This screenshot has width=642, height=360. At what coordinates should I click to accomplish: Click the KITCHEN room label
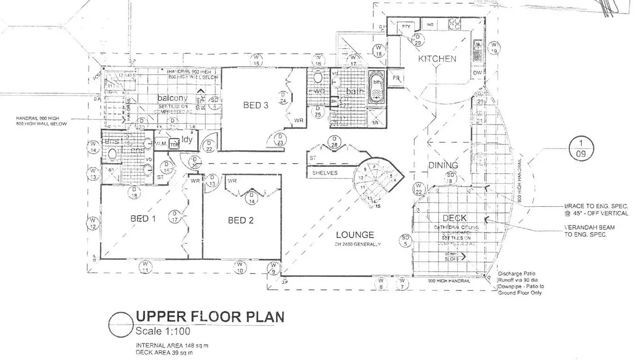pos(437,58)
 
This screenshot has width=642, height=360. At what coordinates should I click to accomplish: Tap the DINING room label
pos(443,165)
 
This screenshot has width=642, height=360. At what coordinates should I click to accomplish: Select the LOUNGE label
pos(355,235)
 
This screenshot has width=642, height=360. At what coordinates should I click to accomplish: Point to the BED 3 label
pos(256,105)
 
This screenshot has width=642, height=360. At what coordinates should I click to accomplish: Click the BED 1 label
pos(143,218)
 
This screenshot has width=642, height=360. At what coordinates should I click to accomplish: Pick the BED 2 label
pos(240,220)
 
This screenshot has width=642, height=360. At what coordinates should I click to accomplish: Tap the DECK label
pos(454,218)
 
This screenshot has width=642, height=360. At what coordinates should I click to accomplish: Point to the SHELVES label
pos(324,173)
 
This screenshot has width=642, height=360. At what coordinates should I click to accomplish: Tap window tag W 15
pos(256,60)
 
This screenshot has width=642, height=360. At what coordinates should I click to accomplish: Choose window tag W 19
pos(494,48)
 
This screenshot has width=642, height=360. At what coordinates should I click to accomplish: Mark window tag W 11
pos(146,267)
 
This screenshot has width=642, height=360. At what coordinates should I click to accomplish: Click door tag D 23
pos(280,140)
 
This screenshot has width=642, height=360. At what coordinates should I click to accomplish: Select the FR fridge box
pos(396,79)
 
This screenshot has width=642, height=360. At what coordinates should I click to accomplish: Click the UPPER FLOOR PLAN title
pos(210,316)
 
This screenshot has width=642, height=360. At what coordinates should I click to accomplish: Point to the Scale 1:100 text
pos(163,331)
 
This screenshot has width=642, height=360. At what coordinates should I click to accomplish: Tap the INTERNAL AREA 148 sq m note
pos(172,345)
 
